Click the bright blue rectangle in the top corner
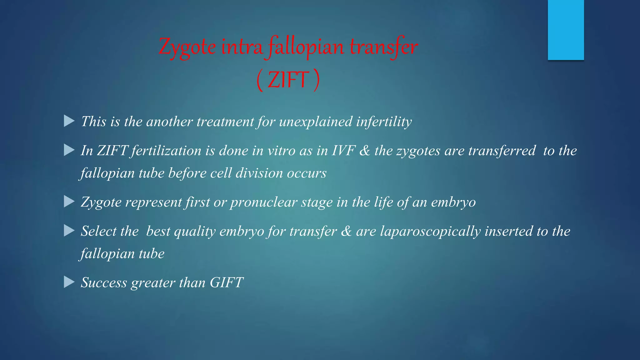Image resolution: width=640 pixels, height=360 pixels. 566,30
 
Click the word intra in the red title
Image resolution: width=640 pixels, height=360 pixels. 242,47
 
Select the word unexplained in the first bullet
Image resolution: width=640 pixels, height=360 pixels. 316,122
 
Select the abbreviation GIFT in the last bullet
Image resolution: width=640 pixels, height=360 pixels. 226,282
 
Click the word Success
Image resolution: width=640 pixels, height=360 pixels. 104,282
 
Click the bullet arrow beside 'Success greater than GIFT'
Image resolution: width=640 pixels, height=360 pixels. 69,282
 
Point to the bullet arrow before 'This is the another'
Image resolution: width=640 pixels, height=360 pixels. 69,121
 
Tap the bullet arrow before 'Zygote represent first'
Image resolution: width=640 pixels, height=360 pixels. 69,202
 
